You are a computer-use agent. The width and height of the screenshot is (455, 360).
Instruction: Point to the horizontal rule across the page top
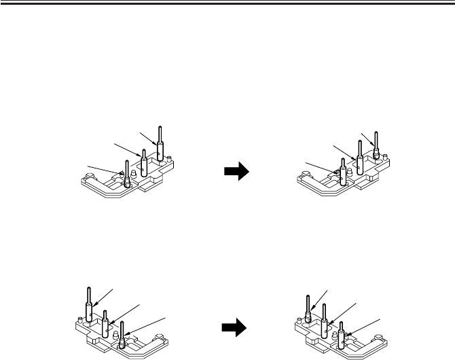(227, 3)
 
